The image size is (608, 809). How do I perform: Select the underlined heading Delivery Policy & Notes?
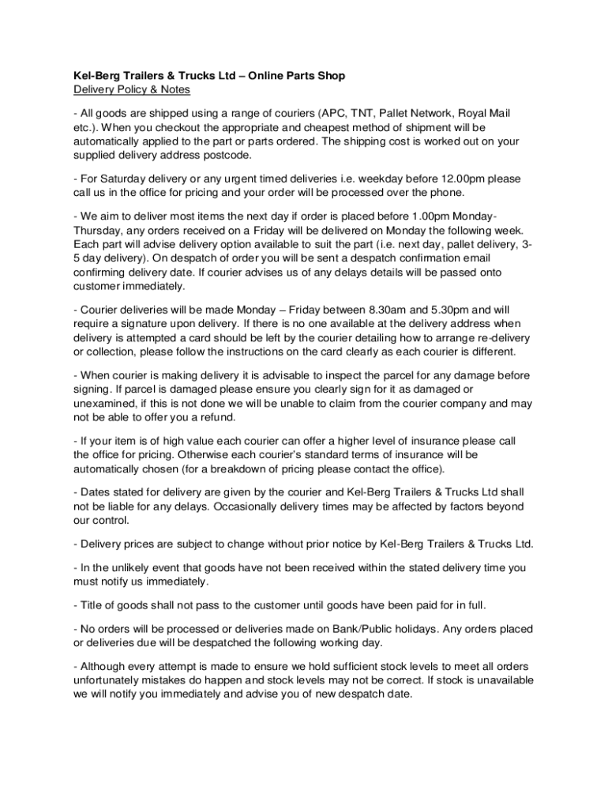coord(127,89)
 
